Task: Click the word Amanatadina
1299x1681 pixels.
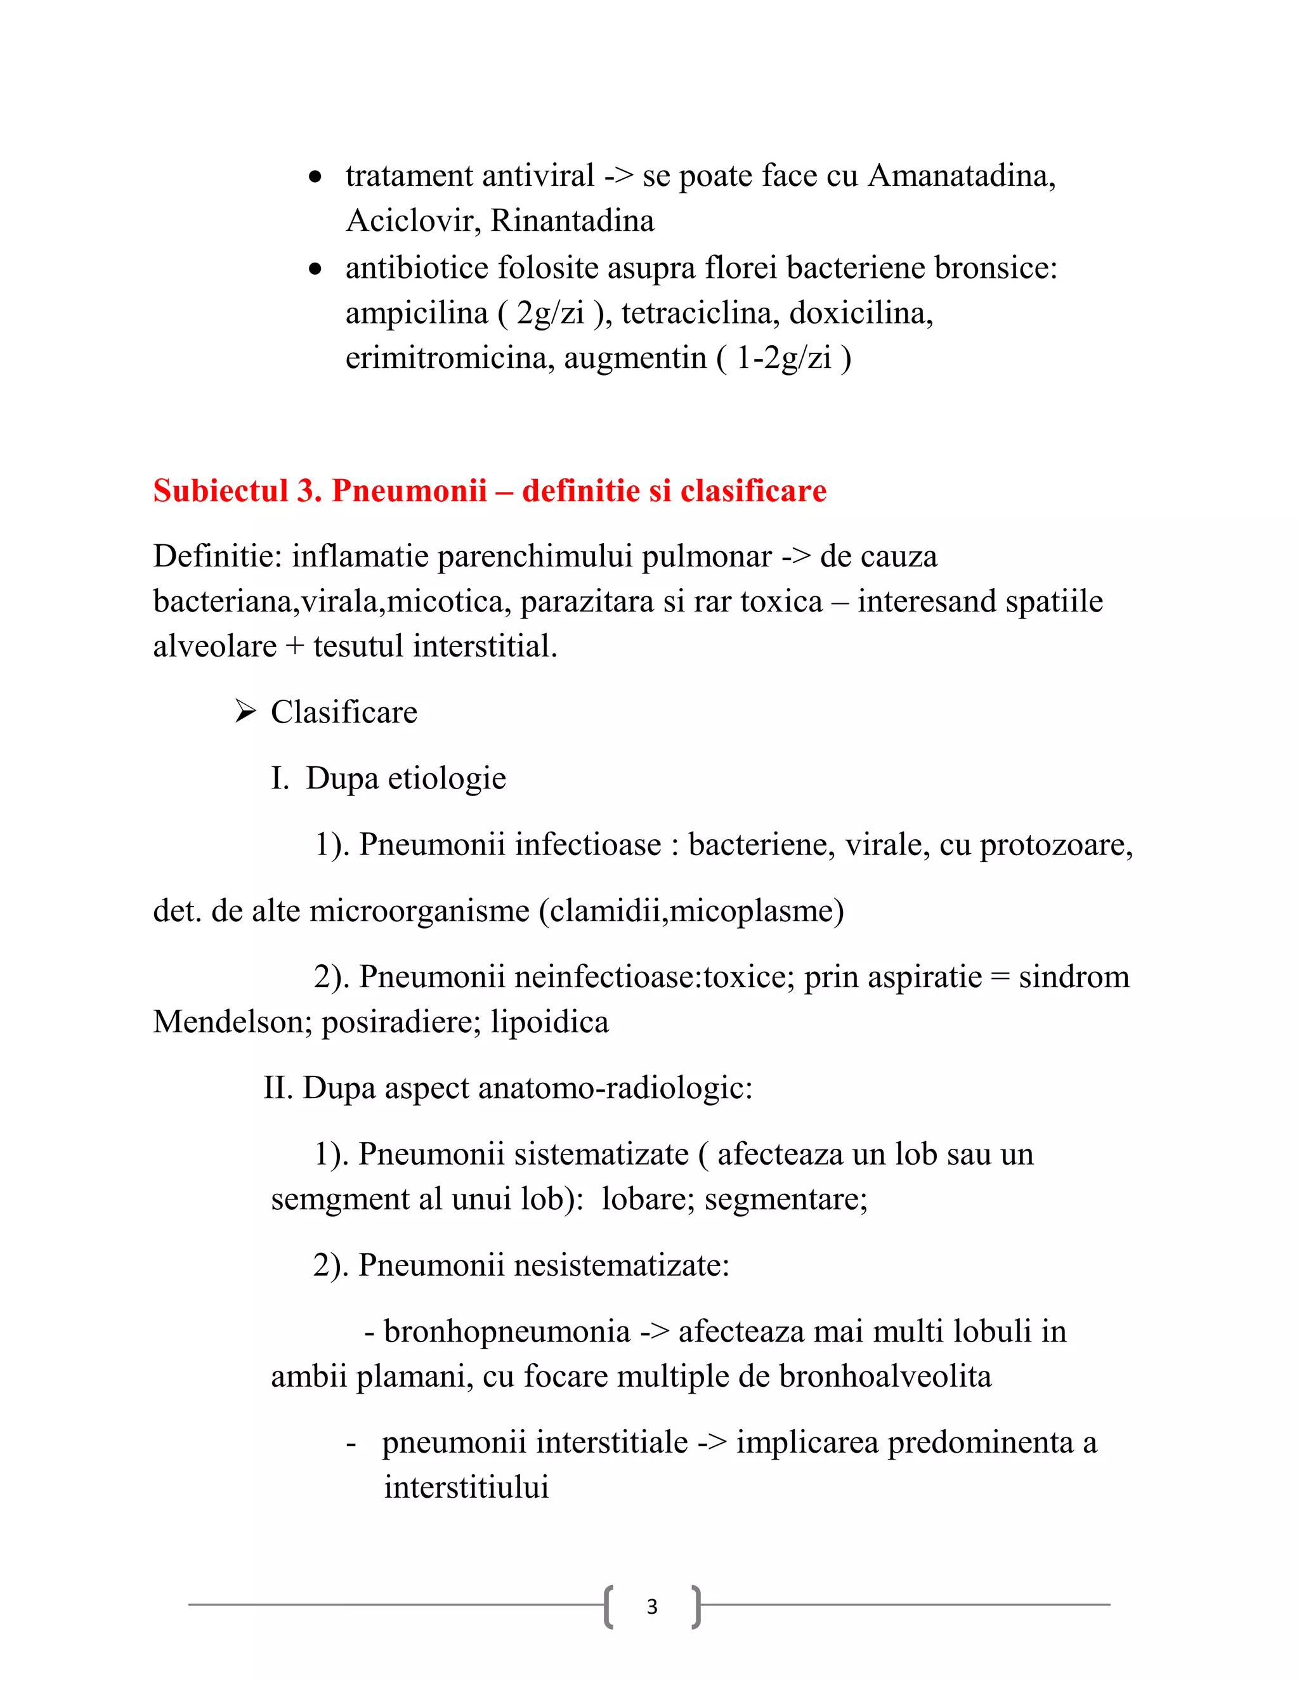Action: [961, 176]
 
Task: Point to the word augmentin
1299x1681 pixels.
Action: [635, 358]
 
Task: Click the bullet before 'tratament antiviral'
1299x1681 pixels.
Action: [315, 178]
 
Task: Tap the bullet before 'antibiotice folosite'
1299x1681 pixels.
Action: [315, 270]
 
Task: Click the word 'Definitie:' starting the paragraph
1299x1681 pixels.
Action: [218, 556]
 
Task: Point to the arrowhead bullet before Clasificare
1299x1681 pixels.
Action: [245, 712]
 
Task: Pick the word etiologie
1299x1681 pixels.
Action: [447, 779]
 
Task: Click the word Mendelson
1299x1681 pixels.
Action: [232, 1022]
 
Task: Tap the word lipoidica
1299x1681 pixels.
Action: [549, 1022]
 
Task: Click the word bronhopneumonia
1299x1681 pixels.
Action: [507, 1331]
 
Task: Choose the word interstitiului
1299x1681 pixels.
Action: [466, 1487]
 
